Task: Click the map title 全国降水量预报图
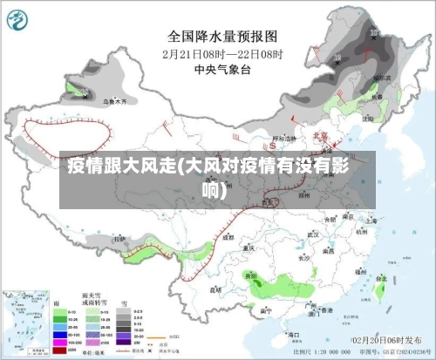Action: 222,37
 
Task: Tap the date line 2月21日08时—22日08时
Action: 222,53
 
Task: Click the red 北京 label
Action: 321,135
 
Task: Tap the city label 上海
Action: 371,221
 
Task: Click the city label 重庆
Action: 250,248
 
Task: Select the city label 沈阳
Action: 369,117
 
